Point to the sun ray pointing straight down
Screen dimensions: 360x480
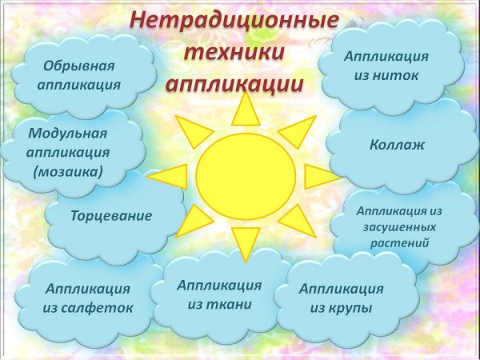coord(246,241)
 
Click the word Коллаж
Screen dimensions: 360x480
coord(398,146)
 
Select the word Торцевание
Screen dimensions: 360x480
coord(111,216)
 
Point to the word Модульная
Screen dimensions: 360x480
coord(67,133)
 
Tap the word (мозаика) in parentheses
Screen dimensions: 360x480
coord(67,171)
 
